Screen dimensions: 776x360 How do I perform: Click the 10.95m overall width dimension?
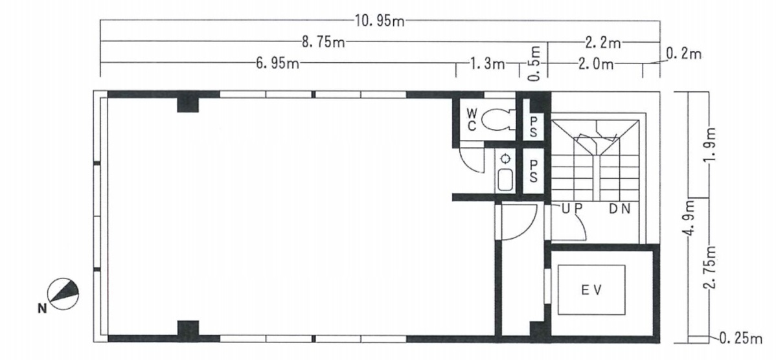point(380,21)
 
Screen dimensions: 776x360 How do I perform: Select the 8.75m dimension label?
point(324,42)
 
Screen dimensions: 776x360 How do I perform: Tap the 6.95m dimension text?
point(278,64)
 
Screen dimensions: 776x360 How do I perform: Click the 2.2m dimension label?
point(603,43)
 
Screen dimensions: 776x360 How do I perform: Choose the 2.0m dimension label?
point(596,64)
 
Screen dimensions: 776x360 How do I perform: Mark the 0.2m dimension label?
point(685,54)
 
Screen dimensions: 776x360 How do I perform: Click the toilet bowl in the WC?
point(498,120)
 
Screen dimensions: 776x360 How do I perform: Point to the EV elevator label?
point(592,290)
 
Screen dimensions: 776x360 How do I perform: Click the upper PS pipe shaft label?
point(533,127)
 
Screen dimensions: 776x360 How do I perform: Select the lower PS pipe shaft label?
point(533,170)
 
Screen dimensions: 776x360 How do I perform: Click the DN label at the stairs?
point(620,208)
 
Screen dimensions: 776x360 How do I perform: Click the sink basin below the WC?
point(505,180)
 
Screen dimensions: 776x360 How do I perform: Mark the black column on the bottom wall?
point(188,328)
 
